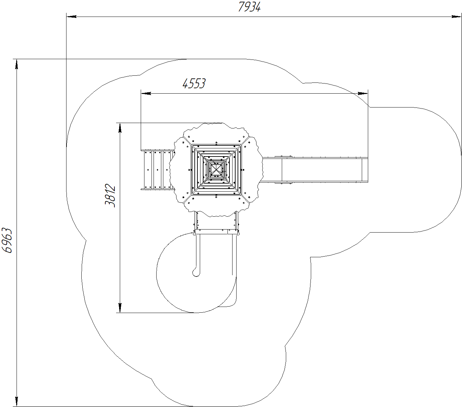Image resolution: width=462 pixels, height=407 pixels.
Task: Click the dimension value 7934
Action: point(249,7)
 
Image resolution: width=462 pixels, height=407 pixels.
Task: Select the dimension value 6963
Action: point(7,240)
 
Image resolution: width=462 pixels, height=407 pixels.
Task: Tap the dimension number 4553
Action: point(194,83)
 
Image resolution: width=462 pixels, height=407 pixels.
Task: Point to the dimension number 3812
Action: point(110,195)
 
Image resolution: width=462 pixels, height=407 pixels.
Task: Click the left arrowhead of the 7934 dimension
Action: point(72,17)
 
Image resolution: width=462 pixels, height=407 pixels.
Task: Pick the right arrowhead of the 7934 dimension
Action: point(457,17)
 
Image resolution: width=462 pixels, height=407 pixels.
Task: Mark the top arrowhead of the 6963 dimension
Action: point(17,64)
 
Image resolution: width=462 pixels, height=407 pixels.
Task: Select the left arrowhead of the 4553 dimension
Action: point(146,93)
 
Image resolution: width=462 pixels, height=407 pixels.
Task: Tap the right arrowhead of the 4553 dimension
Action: point(363,93)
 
